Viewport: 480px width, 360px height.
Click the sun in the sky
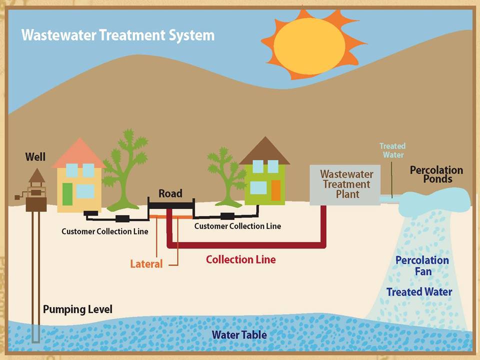[x=312, y=45]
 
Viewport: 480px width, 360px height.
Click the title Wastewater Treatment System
[x=118, y=35]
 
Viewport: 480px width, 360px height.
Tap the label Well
[x=35, y=156]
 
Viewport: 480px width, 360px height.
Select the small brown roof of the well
[x=37, y=175]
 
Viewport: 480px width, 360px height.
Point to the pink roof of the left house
[x=79, y=153]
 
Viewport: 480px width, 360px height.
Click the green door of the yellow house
[x=67, y=194]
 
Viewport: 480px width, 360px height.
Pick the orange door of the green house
[x=276, y=190]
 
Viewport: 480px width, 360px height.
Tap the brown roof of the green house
[x=265, y=150]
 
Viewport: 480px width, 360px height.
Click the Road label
[x=170, y=193]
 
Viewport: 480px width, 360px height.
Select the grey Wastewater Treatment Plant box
[x=345, y=185]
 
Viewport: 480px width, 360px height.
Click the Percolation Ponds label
[x=436, y=174]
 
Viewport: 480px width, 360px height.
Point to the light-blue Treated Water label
[x=393, y=150]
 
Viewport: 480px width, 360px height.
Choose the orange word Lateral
[x=146, y=264]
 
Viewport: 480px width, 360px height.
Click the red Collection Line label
[x=241, y=259]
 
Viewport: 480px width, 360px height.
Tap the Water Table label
[x=239, y=334]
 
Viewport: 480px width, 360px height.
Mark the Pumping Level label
[x=78, y=309]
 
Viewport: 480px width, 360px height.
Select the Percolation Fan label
[x=422, y=265]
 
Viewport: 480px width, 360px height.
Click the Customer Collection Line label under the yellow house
[x=104, y=231]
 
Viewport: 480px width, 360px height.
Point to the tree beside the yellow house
[x=125, y=170]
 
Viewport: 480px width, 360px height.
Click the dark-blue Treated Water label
[x=419, y=292]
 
